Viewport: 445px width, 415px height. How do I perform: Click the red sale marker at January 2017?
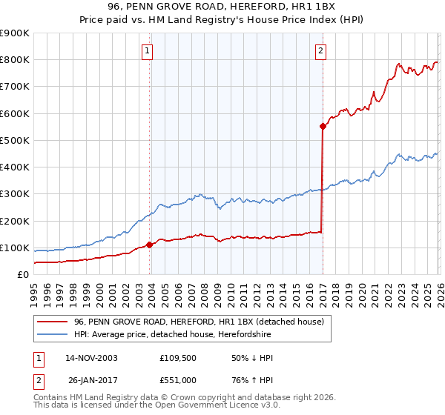(x=323, y=126)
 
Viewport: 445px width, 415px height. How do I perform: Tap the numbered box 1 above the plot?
(x=148, y=51)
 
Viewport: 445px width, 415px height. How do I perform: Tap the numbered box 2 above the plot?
(x=320, y=51)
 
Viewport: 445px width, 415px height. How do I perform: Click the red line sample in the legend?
(x=52, y=322)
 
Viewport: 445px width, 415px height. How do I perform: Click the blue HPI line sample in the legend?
(x=52, y=335)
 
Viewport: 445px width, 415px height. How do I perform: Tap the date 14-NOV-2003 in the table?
(x=91, y=358)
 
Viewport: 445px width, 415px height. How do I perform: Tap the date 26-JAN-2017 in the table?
(x=91, y=380)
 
